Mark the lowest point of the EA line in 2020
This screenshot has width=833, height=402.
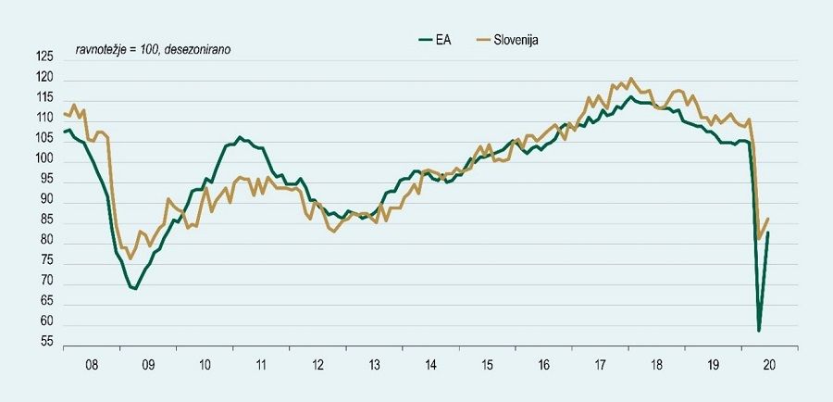759,331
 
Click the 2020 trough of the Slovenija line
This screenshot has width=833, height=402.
759,239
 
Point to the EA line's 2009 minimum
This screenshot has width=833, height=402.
135,289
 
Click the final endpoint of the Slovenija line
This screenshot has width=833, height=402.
768,219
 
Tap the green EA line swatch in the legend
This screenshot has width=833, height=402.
427,40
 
